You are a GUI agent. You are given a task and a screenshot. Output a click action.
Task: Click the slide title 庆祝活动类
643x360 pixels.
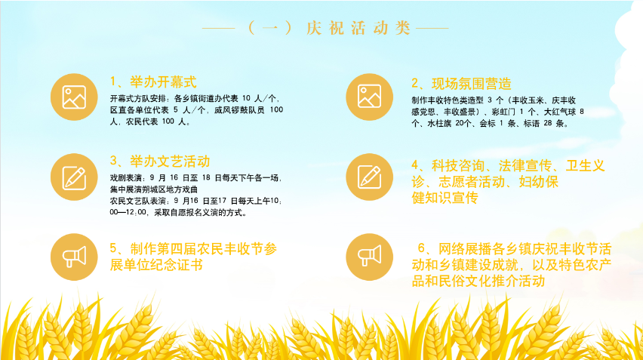click(x=358, y=28)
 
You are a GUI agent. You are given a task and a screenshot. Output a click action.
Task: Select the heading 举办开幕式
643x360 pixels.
click(x=163, y=82)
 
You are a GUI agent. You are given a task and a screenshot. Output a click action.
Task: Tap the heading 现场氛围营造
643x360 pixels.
click(x=472, y=84)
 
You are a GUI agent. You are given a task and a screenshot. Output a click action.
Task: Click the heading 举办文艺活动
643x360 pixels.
click(x=170, y=162)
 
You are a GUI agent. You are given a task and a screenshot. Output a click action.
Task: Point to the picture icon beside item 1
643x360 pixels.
click(x=74, y=97)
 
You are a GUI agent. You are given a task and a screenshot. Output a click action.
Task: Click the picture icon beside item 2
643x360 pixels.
click(x=370, y=97)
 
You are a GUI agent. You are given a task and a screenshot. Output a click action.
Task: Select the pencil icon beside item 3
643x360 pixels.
click(x=74, y=177)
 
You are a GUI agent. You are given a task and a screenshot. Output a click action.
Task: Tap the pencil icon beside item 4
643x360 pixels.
click(x=370, y=177)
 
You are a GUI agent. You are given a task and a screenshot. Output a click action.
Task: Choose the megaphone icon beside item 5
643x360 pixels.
click(x=74, y=257)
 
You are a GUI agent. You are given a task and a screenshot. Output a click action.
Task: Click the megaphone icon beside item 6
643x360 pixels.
click(x=370, y=257)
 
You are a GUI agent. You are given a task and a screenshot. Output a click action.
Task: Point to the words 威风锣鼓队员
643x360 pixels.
click(x=239, y=110)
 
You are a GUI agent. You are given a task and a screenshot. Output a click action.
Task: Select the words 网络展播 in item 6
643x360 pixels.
click(x=465, y=249)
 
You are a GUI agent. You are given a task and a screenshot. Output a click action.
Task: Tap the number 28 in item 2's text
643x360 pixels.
click(x=548, y=123)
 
